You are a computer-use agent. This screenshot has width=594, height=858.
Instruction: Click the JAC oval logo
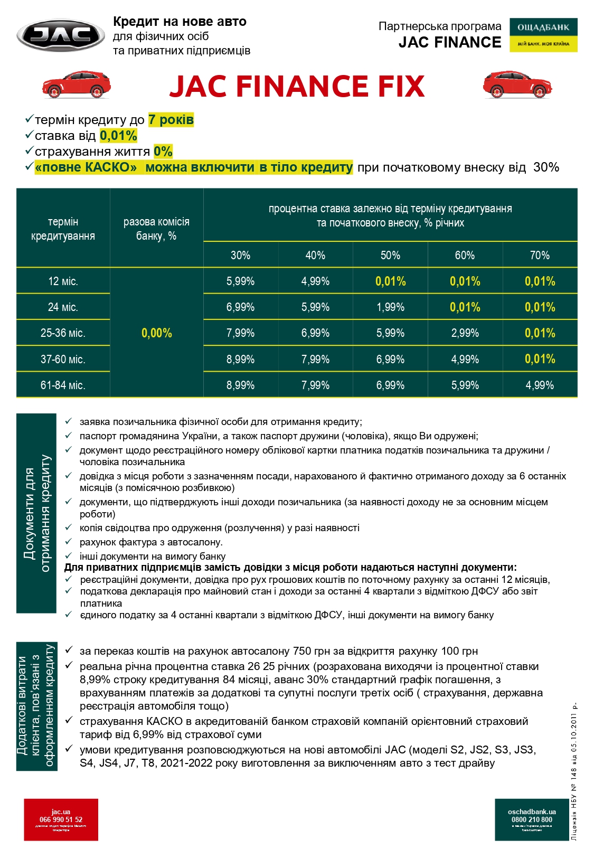click(61, 36)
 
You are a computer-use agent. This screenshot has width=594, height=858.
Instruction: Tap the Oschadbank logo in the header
click(543, 35)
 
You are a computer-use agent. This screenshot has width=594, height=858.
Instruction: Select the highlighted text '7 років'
click(171, 120)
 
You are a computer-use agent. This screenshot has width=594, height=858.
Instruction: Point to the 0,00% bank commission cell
click(156, 333)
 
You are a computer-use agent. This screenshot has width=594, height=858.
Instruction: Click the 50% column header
click(390, 256)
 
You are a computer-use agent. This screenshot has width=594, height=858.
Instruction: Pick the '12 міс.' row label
click(63, 281)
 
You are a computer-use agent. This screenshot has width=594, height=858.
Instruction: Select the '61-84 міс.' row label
click(63, 385)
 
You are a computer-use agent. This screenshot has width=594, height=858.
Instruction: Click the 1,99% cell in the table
click(390, 307)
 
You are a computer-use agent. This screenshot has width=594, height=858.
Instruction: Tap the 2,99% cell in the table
click(465, 333)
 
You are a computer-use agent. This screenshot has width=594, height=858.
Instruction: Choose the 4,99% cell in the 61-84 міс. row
click(540, 385)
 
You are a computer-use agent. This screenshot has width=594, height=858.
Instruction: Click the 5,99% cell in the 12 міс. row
click(240, 281)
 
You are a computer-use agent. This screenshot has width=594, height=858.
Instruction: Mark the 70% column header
click(540, 256)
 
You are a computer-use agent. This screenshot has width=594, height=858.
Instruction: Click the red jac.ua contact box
click(61, 819)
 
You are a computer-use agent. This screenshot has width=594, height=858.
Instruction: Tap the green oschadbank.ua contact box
click(532, 819)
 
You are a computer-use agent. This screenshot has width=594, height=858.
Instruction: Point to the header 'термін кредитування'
click(63, 229)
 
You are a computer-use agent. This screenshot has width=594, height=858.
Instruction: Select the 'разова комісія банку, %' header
click(156, 229)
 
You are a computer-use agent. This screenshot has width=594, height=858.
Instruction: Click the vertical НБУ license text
click(574, 771)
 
